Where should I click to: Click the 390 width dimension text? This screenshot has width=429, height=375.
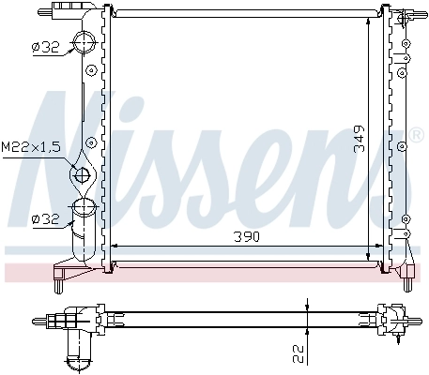point(248,236)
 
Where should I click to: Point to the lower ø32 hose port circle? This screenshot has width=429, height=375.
point(84,208)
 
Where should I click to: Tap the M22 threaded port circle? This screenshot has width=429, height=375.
point(83,174)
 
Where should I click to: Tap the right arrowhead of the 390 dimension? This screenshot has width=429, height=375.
point(380,247)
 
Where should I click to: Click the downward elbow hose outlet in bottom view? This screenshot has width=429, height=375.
point(78,351)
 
